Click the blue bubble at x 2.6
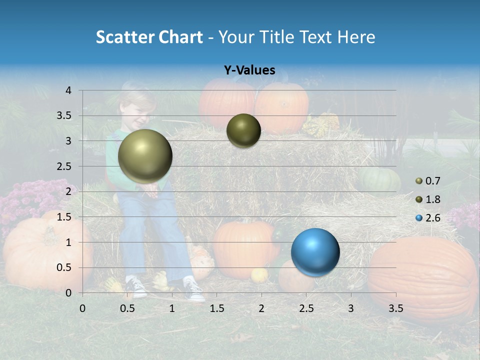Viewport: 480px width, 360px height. coord(315,252)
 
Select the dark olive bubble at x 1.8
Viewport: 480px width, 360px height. coord(243,130)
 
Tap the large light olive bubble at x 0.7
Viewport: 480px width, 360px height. coord(145,156)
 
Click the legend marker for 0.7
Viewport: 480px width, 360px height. coord(419,180)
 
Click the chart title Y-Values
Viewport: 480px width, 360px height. coord(249,70)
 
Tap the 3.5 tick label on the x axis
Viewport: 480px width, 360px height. coord(395,308)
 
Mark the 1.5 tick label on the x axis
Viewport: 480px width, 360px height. coord(216,308)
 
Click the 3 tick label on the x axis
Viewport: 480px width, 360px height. coord(351,308)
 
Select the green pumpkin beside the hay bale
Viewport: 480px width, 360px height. coord(378,179)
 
